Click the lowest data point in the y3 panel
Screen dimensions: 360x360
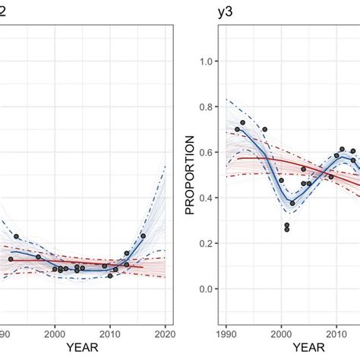pyautogui.click(x=287, y=229)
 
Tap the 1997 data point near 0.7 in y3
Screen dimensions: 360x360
pyautogui.click(x=264, y=130)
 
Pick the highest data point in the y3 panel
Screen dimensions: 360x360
pyautogui.click(x=243, y=122)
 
